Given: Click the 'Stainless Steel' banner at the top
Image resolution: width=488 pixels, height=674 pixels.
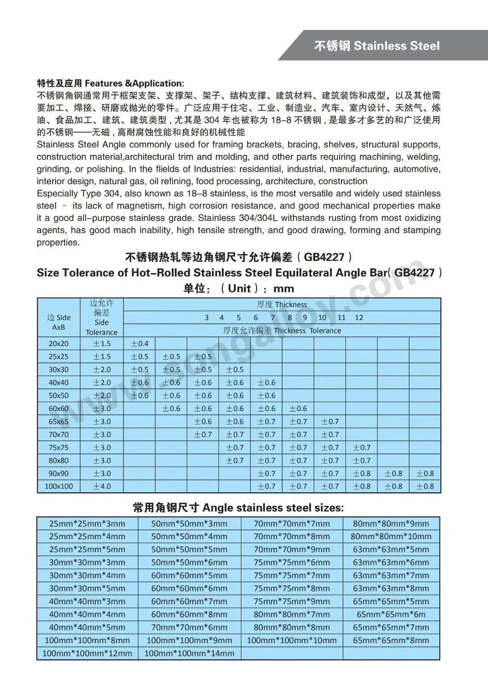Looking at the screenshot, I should [377, 46].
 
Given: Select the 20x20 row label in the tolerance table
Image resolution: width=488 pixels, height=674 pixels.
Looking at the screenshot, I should [58, 343].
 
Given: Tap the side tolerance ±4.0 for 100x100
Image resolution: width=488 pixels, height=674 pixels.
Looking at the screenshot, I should [102, 486].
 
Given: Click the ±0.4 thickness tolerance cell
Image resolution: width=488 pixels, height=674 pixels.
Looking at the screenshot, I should [139, 343].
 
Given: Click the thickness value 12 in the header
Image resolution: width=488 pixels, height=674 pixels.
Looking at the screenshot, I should [359, 317].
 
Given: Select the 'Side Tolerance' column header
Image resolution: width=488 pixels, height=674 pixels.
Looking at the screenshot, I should [101, 327].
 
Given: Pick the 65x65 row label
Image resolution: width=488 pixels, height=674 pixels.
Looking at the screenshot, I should [58, 422].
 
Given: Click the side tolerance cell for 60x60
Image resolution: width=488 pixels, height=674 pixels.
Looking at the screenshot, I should [102, 409].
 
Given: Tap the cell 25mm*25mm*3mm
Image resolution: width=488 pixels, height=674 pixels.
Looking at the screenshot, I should [87, 523].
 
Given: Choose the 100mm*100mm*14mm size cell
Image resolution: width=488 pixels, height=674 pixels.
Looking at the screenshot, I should [189, 653].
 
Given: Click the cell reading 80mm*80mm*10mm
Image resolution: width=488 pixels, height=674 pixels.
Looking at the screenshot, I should [391, 536].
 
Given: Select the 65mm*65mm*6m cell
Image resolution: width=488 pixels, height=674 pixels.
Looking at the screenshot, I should [391, 614].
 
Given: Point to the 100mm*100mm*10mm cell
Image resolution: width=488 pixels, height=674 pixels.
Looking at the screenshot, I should [292, 640].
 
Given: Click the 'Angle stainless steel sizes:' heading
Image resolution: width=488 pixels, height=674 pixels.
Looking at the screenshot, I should [273, 508].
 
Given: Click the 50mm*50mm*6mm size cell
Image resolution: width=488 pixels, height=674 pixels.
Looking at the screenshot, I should [189, 562].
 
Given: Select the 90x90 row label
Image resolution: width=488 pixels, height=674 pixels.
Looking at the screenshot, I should [58, 473].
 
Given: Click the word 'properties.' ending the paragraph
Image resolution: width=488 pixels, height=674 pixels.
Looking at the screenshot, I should [58, 242].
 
